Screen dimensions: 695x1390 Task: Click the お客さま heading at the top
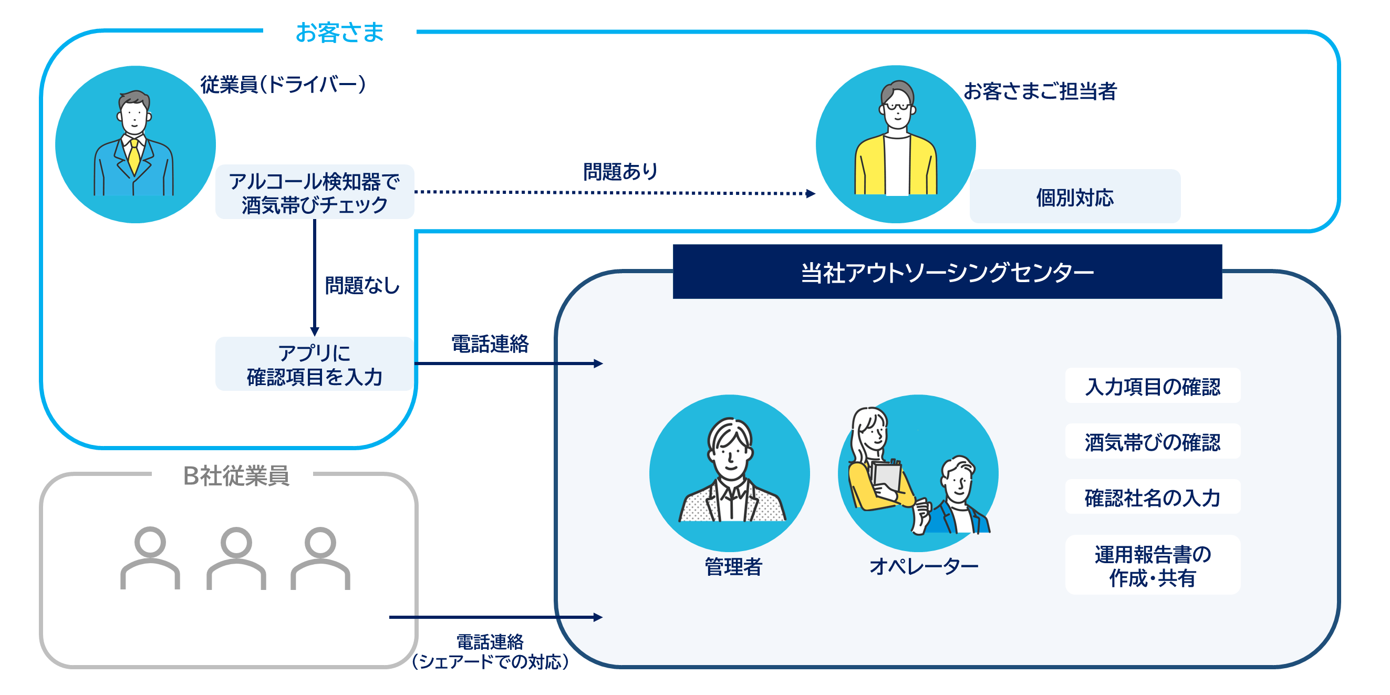(339, 33)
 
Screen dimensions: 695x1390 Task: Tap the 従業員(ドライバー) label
(283, 85)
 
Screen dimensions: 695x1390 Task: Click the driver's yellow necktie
(134, 157)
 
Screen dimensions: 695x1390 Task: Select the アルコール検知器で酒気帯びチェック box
(315, 193)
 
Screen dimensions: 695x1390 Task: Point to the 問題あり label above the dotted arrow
(620, 172)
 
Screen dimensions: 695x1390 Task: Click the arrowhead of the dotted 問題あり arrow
(811, 193)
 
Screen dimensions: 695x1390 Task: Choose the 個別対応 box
(1074, 197)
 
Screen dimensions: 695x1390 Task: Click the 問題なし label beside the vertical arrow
(362, 285)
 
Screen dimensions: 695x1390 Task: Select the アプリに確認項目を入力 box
(315, 365)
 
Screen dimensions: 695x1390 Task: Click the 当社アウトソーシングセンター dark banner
(947, 272)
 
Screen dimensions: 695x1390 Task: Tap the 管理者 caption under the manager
(733, 567)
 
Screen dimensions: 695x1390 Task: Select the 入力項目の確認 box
(1153, 386)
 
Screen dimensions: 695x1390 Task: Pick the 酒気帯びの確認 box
(1153, 442)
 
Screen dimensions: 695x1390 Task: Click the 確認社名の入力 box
(1153, 497)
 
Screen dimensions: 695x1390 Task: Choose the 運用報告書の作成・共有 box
(1153, 565)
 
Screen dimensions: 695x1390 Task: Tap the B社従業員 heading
(236, 475)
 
